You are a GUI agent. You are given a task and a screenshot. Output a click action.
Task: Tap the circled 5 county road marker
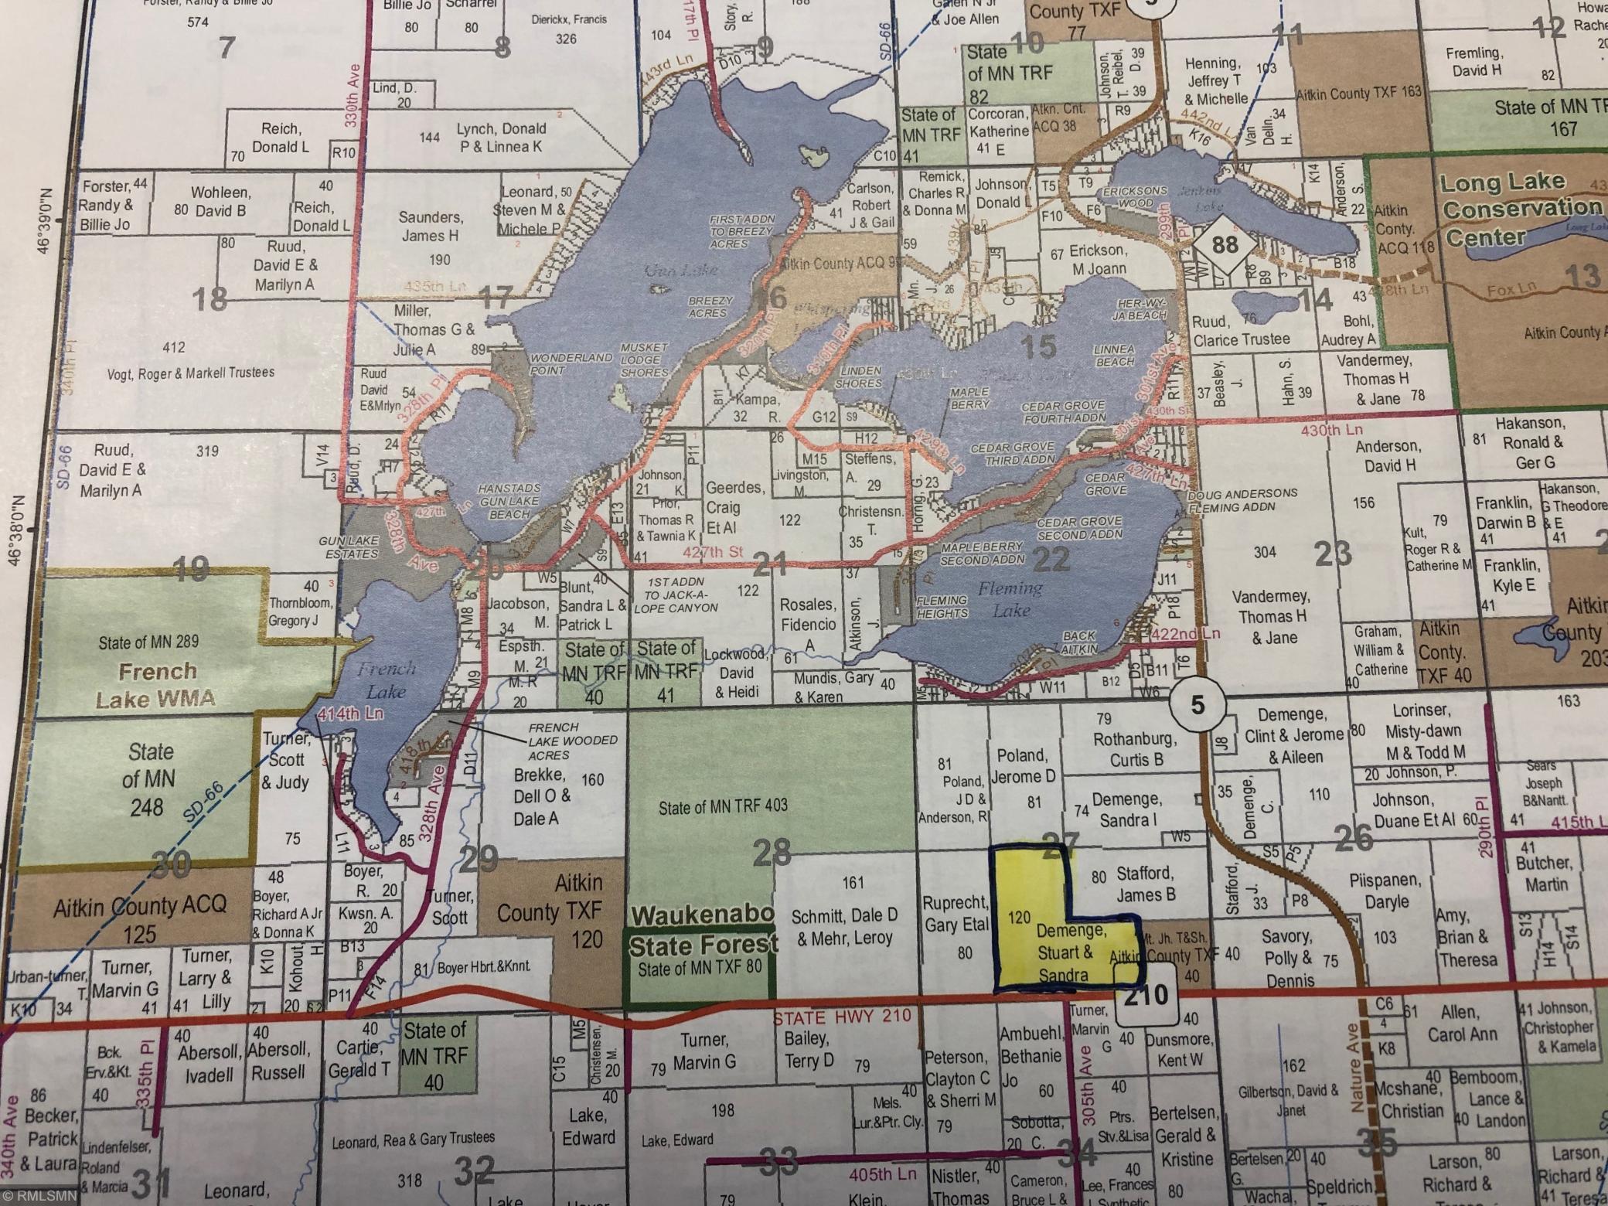pos(1197,704)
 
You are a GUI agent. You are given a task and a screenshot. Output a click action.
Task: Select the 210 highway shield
pos(1146,994)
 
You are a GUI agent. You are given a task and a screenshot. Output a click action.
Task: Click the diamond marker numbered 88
pos(1225,245)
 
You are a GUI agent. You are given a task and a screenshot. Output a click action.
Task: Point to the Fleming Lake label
pos(1011,599)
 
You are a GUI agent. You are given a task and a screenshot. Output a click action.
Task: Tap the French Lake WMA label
pos(157,685)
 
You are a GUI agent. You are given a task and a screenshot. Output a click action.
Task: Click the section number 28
pos(772,852)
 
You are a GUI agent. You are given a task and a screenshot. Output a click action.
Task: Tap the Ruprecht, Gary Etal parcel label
pos(956,913)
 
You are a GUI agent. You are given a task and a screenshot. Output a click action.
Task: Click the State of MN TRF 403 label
pos(723,806)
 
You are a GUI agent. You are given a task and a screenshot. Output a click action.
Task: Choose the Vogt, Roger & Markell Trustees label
pos(191,373)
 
